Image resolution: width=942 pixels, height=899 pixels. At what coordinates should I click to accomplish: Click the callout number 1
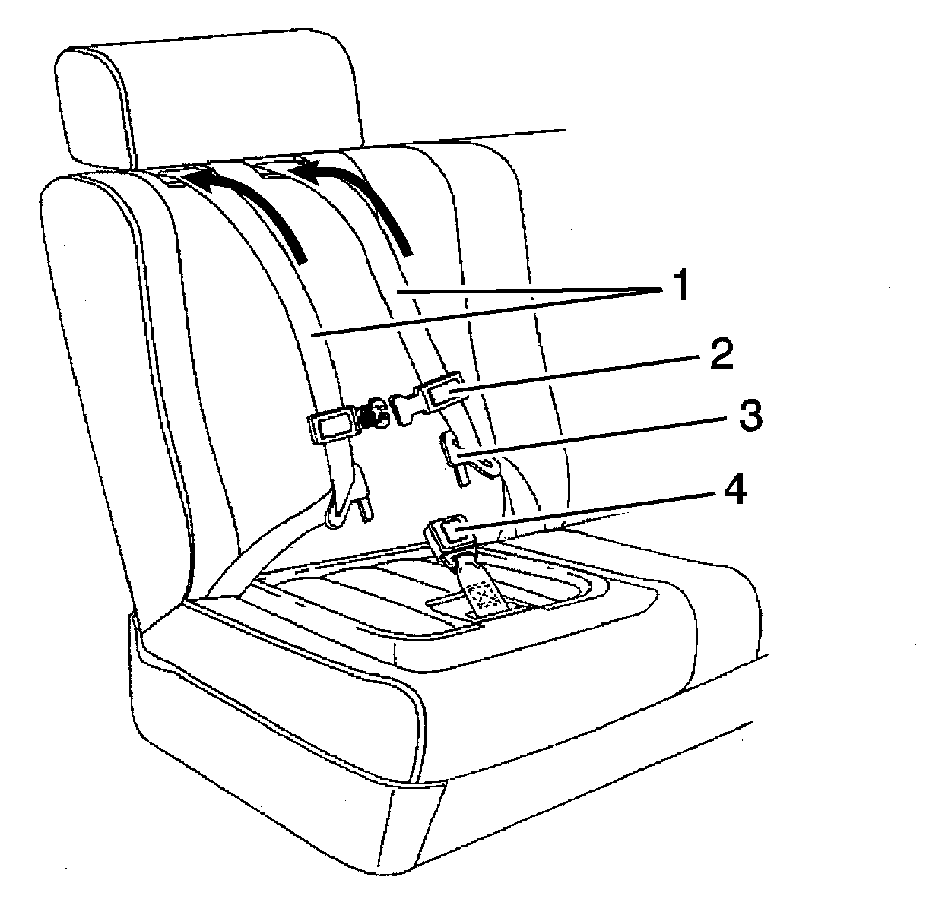(x=680, y=287)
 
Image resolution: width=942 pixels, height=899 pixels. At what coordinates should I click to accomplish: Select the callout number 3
(x=750, y=415)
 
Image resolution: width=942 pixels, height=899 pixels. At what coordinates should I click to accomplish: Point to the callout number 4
(x=734, y=489)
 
